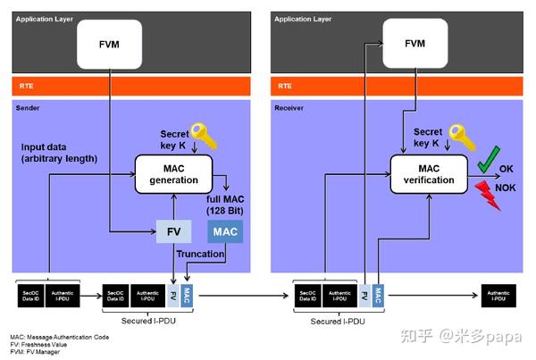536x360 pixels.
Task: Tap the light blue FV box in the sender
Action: point(174,231)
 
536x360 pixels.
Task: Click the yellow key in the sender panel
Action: point(205,138)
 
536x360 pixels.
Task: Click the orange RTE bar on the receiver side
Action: point(393,87)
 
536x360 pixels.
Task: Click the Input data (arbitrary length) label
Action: point(61,153)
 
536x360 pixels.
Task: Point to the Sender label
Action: point(31,108)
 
